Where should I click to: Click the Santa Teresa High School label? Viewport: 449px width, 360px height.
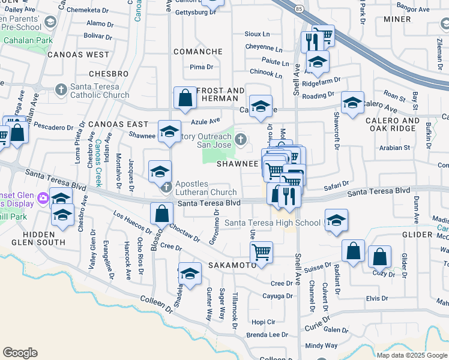click(273, 223)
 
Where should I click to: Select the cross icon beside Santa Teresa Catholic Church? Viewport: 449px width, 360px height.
click(60, 90)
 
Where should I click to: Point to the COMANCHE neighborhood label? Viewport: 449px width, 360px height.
click(197, 52)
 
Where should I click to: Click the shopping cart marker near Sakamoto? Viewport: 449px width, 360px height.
click(261, 252)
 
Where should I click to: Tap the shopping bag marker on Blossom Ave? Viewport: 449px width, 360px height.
click(161, 213)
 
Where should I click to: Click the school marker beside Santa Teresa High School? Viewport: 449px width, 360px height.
click(336, 220)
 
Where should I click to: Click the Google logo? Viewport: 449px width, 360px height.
click(20, 353)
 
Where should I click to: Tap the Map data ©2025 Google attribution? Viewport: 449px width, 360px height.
click(411, 355)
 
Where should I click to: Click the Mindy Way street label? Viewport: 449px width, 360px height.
click(321, 346)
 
